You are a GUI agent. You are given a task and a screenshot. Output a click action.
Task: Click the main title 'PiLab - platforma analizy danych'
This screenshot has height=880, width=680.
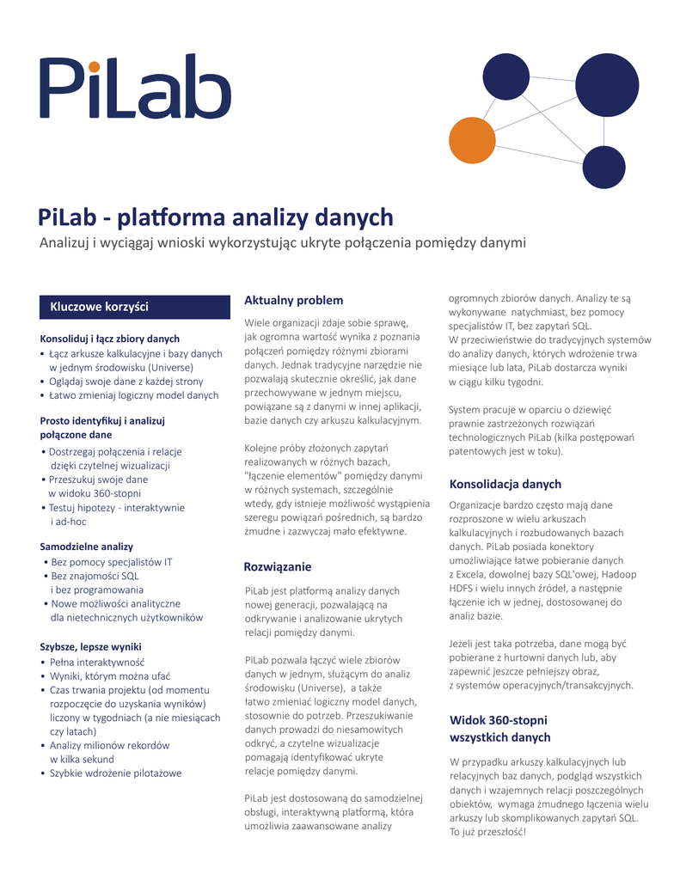(216, 217)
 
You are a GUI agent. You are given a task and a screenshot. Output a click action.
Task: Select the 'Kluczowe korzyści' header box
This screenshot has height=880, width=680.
(135, 307)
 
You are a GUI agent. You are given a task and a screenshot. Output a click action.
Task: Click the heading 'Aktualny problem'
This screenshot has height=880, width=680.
(293, 300)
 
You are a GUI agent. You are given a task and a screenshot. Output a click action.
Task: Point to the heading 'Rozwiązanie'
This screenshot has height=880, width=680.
(278, 567)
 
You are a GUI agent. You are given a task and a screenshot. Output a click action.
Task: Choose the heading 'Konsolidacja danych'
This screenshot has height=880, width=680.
(505, 484)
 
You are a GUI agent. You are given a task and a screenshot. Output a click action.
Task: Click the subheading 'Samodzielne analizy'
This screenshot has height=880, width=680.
(87, 546)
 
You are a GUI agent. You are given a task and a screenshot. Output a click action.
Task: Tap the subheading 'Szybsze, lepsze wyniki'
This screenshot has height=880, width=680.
(91, 646)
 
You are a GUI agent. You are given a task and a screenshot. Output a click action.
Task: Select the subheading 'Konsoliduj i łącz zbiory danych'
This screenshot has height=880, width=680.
(110, 338)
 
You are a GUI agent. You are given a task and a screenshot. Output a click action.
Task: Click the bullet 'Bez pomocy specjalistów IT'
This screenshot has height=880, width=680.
(112, 562)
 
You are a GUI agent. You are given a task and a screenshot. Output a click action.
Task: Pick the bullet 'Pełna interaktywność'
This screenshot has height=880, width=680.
(97, 663)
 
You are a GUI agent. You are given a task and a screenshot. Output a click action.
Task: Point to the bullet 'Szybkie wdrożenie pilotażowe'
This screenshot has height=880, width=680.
(115, 773)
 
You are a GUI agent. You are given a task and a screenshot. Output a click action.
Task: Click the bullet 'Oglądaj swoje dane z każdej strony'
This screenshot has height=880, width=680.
(126, 381)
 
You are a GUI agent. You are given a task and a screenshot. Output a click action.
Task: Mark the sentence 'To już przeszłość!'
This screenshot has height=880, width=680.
(487, 831)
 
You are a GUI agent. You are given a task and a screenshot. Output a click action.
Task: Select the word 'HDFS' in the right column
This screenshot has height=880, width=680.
(463, 588)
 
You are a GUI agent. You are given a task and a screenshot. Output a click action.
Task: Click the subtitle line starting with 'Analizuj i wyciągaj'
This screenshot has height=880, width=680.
(282, 243)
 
